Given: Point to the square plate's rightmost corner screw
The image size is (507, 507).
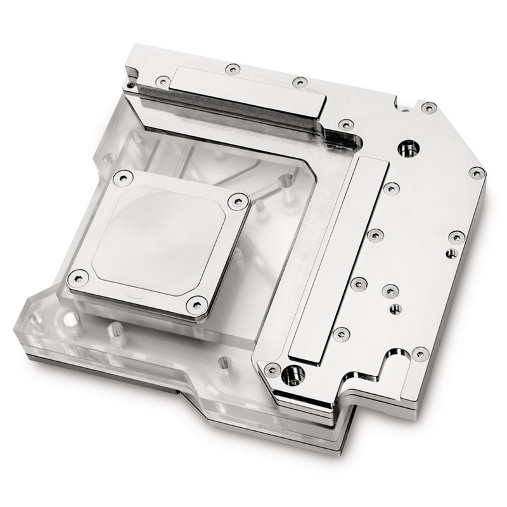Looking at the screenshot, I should click(x=238, y=202).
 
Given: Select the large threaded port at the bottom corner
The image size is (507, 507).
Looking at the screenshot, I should click(x=292, y=375).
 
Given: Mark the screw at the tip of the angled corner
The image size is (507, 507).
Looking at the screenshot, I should click(x=477, y=172).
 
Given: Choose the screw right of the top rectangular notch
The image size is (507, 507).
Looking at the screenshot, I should click(x=429, y=107).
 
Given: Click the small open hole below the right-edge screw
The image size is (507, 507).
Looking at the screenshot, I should click(x=451, y=253).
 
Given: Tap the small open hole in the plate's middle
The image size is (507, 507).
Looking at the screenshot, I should click(x=395, y=309).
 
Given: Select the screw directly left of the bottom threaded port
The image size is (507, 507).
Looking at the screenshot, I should click(x=272, y=368).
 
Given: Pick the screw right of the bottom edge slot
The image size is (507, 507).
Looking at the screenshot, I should click(x=420, y=354).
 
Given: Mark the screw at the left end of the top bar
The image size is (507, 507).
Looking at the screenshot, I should click(x=163, y=81).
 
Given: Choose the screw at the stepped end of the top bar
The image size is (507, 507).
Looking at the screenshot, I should click(x=345, y=125).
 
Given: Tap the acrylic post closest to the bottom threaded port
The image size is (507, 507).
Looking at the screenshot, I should click(x=223, y=363).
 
